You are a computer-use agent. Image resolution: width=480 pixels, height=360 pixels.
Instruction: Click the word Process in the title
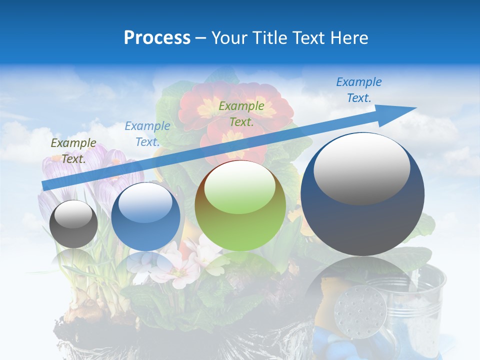[x=157, y=38]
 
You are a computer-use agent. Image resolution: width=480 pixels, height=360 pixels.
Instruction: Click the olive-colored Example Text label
[x=73, y=150]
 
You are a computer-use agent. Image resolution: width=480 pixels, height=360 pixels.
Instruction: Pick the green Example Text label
[x=241, y=113]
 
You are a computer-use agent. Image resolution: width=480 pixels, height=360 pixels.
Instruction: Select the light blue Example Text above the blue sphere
[x=147, y=133]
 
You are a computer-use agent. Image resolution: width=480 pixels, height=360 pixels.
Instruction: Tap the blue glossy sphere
[x=145, y=217]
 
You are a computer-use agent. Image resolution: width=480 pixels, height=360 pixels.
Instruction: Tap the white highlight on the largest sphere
[x=361, y=169]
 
